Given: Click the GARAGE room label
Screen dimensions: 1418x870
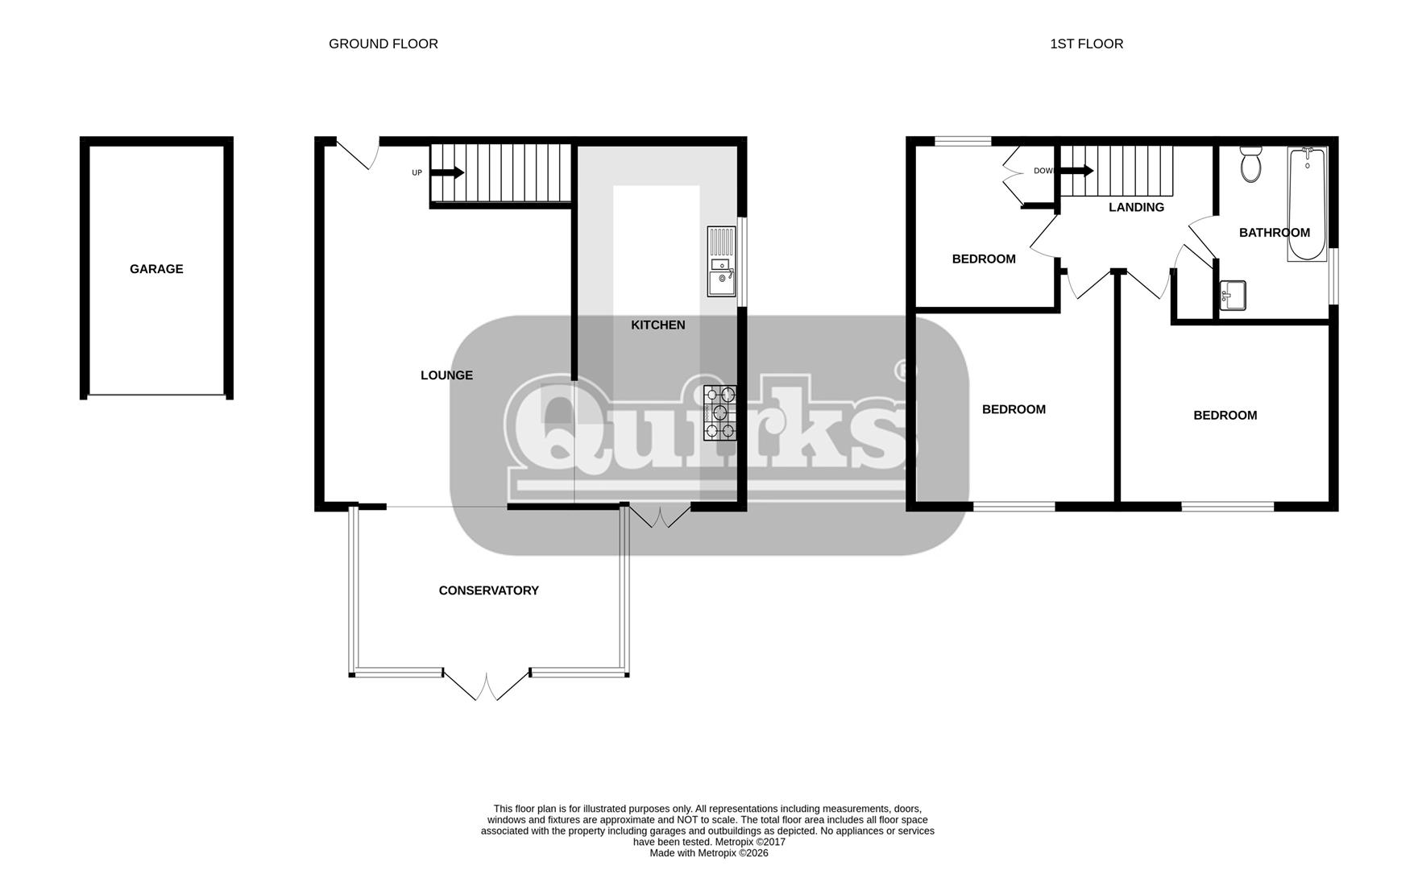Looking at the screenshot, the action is click(x=156, y=269).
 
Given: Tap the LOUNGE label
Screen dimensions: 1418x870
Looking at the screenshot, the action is click(x=446, y=375).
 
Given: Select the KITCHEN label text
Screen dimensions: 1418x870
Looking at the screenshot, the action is click(x=657, y=325).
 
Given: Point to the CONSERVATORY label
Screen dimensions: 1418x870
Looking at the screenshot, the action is click(x=488, y=590).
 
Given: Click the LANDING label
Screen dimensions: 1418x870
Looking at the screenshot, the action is click(x=1136, y=208).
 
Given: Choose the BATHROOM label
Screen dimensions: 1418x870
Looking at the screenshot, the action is click(x=1274, y=233).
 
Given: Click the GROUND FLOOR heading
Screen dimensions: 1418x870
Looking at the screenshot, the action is click(x=384, y=44).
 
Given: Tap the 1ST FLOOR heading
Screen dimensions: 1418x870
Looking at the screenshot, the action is click(x=1086, y=44).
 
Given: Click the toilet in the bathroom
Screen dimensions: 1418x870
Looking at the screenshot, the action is click(x=1250, y=164).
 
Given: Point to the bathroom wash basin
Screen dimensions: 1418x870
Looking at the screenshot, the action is click(x=1233, y=295).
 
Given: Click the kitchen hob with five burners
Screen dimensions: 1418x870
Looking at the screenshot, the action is click(x=720, y=413).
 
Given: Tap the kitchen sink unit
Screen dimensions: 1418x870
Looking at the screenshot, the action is click(x=721, y=262).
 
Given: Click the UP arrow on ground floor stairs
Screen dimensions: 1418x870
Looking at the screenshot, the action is click(x=447, y=172).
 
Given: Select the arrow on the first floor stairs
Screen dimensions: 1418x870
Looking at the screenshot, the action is click(x=1076, y=171).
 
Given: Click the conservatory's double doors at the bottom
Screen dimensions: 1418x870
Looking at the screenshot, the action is click(x=487, y=686).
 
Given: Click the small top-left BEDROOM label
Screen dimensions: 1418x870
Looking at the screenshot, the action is click(x=984, y=259).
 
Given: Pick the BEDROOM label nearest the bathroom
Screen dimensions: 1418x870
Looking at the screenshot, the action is click(x=1225, y=416).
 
